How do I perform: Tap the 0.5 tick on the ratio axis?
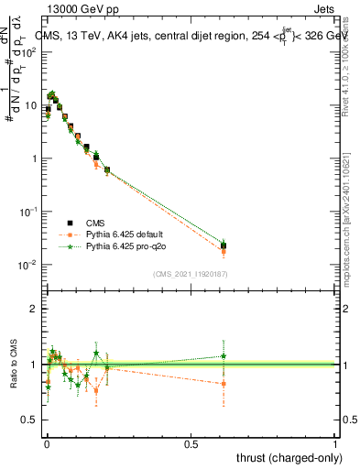coord(28,420)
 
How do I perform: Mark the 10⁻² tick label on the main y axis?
coord(26,265)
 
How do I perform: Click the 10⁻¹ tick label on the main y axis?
coord(26,212)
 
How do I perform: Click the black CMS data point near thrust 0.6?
coord(224,245)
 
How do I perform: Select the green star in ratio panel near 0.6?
coord(224,355)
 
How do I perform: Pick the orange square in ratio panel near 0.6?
coord(224,384)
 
